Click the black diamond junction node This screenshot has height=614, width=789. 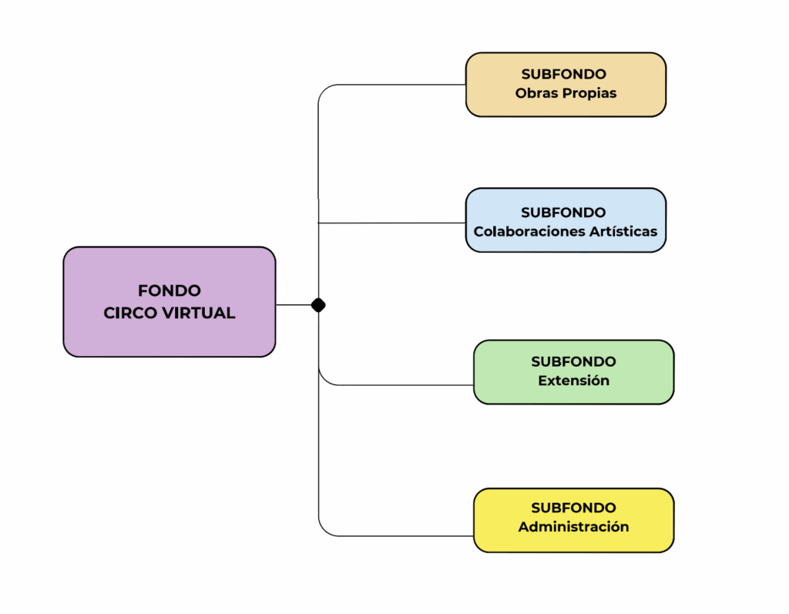click(x=318, y=305)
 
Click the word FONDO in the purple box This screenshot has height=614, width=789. click(x=170, y=290)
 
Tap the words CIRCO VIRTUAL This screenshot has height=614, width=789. click(x=170, y=314)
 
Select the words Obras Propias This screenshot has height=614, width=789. click(x=566, y=93)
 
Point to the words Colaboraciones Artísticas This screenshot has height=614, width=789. click(x=566, y=231)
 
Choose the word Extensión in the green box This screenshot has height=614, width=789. click(x=573, y=381)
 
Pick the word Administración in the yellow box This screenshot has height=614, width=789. click(x=573, y=527)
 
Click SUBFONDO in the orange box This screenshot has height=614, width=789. click(x=564, y=74)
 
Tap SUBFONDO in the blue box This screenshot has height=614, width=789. click(x=563, y=212)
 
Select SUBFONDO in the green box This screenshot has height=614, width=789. click(x=573, y=361)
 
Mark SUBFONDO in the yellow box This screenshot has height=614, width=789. click(x=573, y=508)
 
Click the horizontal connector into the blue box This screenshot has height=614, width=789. click(x=393, y=223)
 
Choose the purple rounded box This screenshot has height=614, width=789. click(x=170, y=339)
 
